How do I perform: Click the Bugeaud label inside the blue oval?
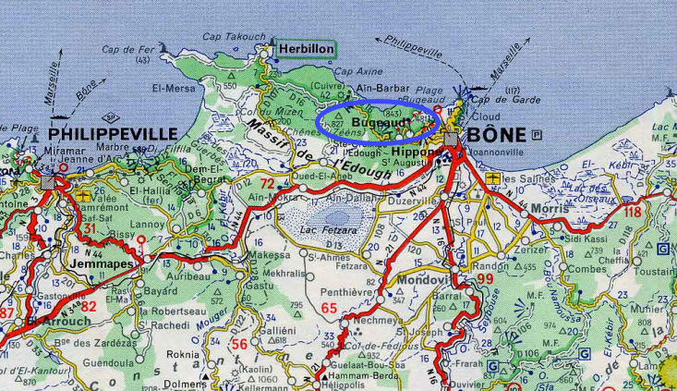coord(374,120)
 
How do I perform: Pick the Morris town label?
coord(551,211)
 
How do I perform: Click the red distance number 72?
coord(268,184)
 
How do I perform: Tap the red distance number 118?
coord(632,212)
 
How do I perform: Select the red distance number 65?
coord(329,308)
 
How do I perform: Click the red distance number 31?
coord(90,228)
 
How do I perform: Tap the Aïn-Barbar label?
coord(383,89)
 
